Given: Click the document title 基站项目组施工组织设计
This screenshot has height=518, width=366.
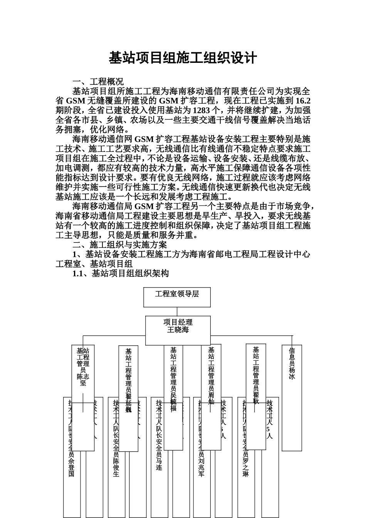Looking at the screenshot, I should pyautogui.click(x=183, y=58).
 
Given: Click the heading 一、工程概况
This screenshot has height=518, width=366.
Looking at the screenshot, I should pyautogui.click(x=98, y=82).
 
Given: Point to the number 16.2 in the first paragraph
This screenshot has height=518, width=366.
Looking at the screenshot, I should pyautogui.click(x=302, y=101).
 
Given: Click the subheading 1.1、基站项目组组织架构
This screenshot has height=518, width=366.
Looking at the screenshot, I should pyautogui.click(x=120, y=274).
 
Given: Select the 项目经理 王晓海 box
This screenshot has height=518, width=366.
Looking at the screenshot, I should pyautogui.click(x=178, y=326).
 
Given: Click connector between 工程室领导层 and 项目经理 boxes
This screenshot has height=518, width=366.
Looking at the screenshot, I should pyautogui.click(x=177, y=311).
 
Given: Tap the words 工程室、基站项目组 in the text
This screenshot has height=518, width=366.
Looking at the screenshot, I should pyautogui.click(x=94, y=264).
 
